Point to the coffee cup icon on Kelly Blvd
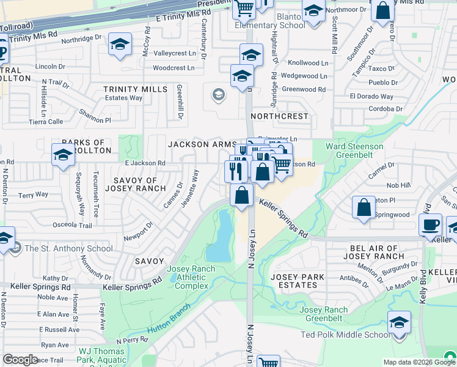(x=430, y=224)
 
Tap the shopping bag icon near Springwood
(x=364, y=207)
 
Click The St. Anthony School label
(x=60, y=248)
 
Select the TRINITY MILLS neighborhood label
(x=135, y=89)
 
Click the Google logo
(x=20, y=360)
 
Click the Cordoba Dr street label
(x=386, y=109)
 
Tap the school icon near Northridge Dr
(x=120, y=45)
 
